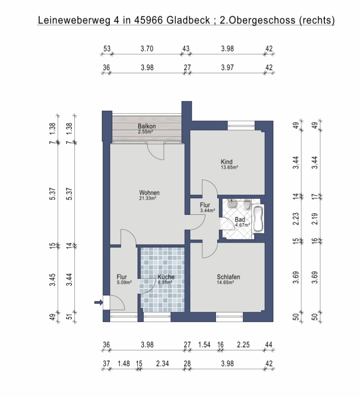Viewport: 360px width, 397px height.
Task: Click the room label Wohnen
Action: click(149, 193)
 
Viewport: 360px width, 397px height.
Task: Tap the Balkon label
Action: click(147, 126)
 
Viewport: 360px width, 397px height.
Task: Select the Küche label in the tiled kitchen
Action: click(166, 277)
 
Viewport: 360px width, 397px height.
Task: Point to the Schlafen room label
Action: click(228, 277)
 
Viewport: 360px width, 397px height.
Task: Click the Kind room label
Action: click(226, 161)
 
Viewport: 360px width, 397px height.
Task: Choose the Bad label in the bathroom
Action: click(240, 220)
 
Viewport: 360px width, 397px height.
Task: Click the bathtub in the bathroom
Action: click(258, 219)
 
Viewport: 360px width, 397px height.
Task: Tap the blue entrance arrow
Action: click(99, 302)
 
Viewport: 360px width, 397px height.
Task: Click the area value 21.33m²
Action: click(148, 198)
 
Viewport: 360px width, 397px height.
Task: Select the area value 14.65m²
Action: click(225, 282)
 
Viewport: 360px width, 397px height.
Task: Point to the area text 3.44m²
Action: click(208, 210)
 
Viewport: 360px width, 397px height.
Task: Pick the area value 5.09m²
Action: click(124, 282)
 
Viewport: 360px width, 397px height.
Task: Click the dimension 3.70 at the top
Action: click(147, 49)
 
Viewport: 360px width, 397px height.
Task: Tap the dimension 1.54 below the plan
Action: click(204, 345)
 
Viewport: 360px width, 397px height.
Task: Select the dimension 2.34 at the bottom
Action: click(163, 363)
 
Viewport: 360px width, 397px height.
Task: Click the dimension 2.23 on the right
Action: click(296, 219)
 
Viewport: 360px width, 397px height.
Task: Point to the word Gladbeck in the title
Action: click(188, 20)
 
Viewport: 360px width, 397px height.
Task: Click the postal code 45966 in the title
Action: click(148, 20)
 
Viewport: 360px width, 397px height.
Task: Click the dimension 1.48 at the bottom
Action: click(124, 363)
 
